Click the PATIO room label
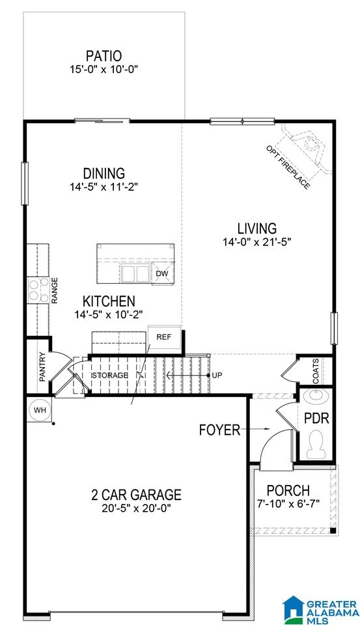point(104,56)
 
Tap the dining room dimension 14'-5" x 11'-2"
point(104,187)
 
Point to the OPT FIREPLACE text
point(288,167)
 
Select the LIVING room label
point(257,229)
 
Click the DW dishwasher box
point(162,273)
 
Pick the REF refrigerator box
point(164,337)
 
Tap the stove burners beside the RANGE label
point(38,289)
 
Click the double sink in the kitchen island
point(135,274)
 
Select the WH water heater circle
point(40,410)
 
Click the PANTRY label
point(42,367)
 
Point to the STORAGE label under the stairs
point(110,375)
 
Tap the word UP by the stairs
point(217,375)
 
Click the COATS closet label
point(316,371)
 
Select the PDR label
point(316,418)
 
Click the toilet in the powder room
point(316,445)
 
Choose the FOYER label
point(219,430)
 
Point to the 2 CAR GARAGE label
point(136,495)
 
